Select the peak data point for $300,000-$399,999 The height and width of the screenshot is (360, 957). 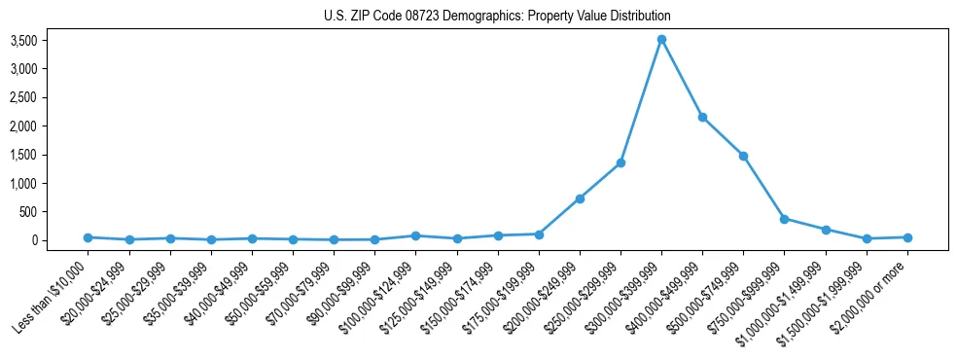(661, 40)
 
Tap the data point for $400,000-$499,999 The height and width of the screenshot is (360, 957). (702, 117)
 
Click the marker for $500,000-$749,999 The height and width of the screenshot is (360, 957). (743, 156)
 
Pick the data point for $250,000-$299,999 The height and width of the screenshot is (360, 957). (620, 162)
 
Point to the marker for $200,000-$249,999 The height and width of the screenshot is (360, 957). (580, 198)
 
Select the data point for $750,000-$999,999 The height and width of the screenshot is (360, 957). (784, 219)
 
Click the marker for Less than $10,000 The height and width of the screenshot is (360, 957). (88, 237)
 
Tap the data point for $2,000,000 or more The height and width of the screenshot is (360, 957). (907, 237)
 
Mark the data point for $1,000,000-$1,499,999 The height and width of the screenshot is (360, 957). (826, 230)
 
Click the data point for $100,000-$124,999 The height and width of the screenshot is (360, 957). (415, 235)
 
